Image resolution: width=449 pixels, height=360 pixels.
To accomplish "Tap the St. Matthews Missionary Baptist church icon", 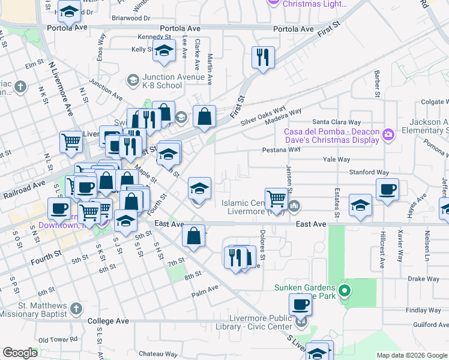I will point(76,308).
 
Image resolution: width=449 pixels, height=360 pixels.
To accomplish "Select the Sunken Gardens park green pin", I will point(344,292).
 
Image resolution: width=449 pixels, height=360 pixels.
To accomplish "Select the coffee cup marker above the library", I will point(300,304).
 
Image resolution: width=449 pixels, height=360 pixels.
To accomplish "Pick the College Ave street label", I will point(109,321).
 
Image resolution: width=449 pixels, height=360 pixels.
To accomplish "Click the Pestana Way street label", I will point(280,149).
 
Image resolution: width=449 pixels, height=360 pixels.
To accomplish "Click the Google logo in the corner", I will point(20,353).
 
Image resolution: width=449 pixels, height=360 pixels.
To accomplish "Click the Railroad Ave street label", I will point(23,184).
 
